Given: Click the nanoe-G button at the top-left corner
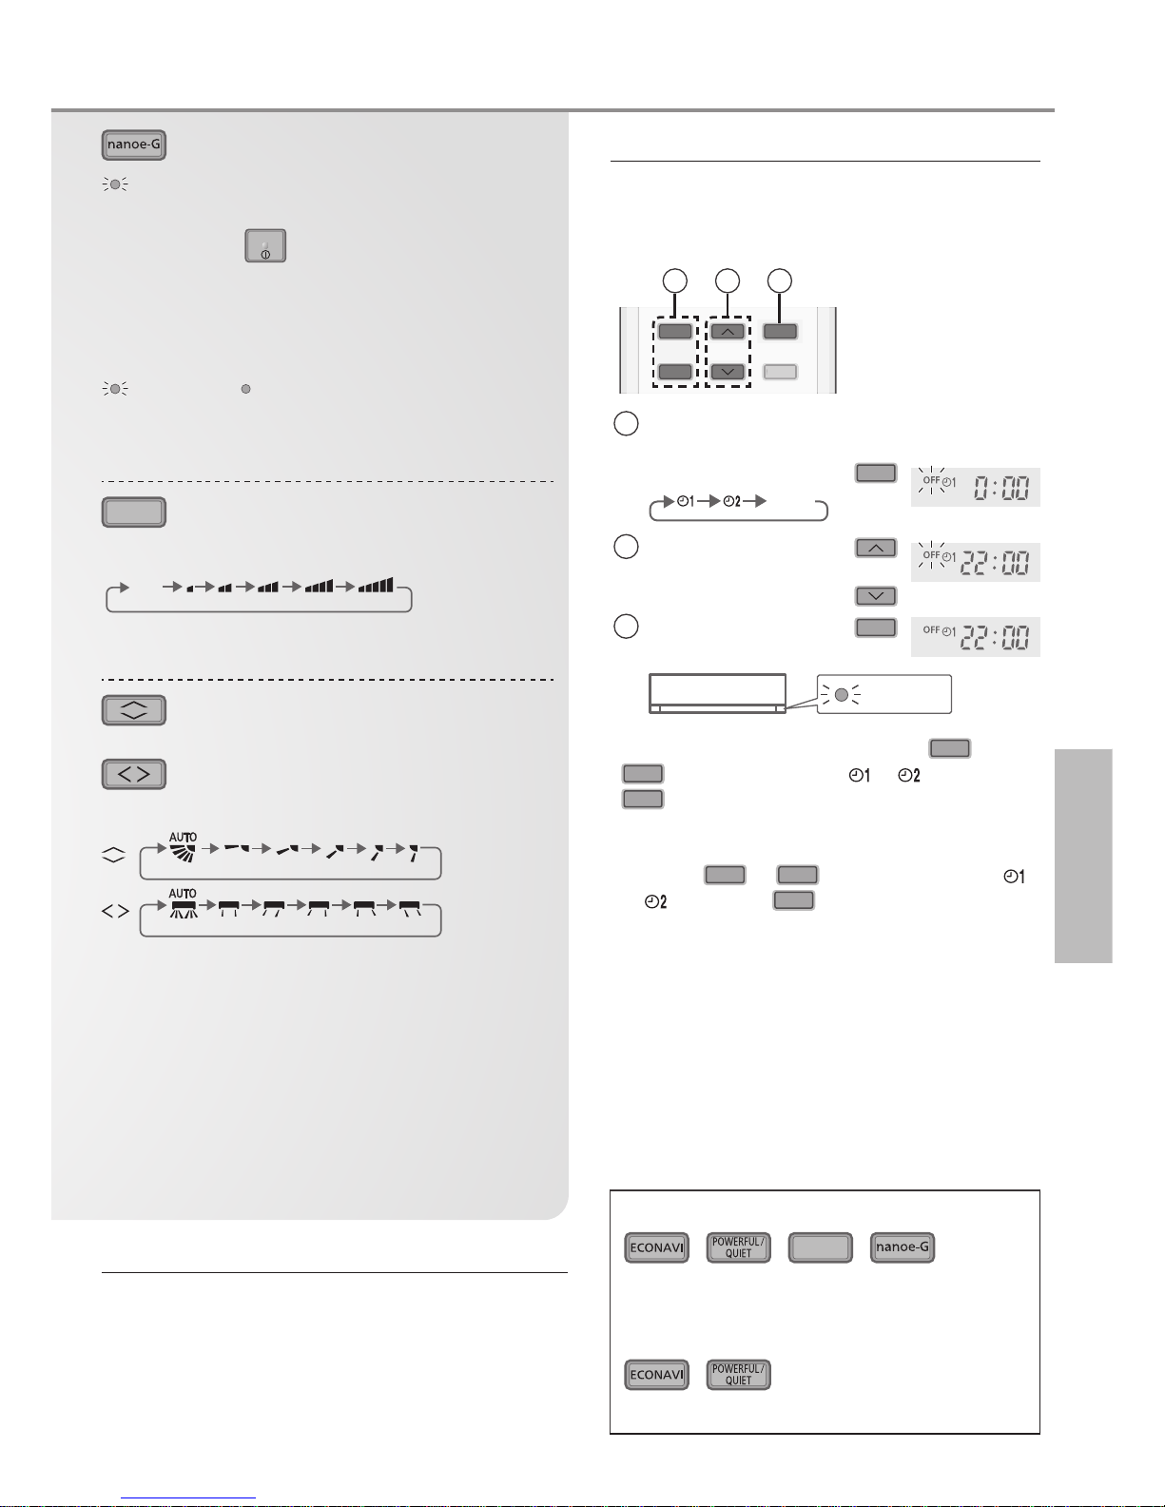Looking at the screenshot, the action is pos(134,145).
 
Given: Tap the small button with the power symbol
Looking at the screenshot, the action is pos(265,245).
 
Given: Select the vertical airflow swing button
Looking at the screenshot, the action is pos(134,710).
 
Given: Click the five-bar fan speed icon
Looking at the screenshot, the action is pos(376,586).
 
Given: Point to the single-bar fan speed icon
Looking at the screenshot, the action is pos(190,589).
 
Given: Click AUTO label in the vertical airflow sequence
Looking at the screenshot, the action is pos(183,837).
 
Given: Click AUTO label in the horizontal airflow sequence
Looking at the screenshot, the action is pos(183,894).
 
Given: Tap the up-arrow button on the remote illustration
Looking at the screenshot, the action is pos(728,332).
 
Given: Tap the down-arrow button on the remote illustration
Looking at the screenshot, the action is pos(728,372).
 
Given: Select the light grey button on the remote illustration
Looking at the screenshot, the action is pos(780,372).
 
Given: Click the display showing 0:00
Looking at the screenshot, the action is pos(975,487).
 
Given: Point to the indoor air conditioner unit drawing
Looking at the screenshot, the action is pos(718,693).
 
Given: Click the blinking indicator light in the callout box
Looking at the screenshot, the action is pos(841,694).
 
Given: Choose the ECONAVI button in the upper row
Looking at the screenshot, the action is pos(657,1247).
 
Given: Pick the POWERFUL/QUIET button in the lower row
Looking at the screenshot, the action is pos(739,1375).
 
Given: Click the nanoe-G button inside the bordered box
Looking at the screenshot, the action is pos(903,1247).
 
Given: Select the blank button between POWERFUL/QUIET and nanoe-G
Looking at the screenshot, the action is pos(821,1247).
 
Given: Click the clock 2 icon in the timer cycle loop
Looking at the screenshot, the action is pos(732,501).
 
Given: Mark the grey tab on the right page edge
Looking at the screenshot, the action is pos(1083,856).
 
